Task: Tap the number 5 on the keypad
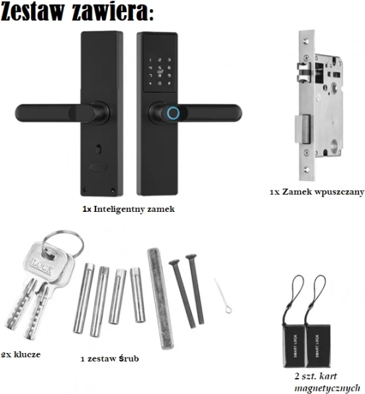point(160,68)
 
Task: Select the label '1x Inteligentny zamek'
point(129,209)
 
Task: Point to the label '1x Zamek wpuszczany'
point(317,192)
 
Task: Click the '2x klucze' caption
point(21,354)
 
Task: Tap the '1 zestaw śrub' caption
point(110,358)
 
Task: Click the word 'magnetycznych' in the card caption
point(327,388)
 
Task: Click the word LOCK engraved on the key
point(42,267)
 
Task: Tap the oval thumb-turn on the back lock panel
point(98,167)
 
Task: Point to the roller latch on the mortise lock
point(303,73)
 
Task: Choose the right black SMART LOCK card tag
point(318,346)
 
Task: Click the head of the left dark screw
point(174,263)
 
